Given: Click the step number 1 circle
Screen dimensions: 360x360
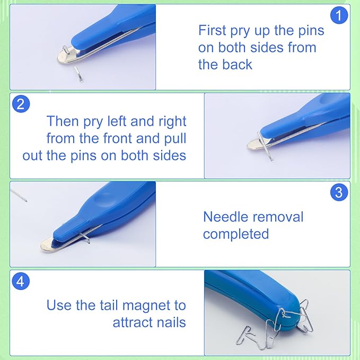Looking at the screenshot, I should click(338, 15).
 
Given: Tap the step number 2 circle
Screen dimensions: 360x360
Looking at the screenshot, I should click(20, 103).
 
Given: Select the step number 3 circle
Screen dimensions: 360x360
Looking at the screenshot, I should click(339, 192).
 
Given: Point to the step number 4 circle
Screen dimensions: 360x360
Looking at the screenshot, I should click(20, 281).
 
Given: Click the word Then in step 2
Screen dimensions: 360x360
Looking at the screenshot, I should click(63, 121).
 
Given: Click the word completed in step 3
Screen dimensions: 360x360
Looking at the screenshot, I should click(236, 234).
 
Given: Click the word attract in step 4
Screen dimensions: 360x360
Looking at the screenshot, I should click(130, 322).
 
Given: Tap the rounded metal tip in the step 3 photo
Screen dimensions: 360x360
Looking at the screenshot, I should click(49, 244).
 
